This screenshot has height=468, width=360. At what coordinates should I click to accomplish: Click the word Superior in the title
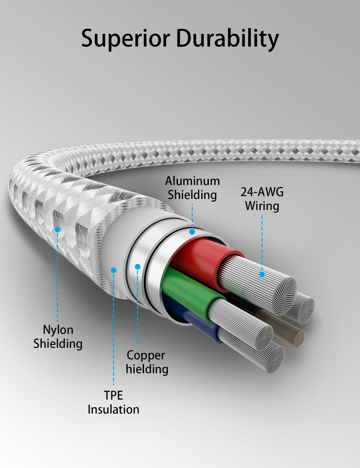click(126, 38)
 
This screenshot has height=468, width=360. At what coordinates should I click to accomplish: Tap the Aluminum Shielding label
click(192, 188)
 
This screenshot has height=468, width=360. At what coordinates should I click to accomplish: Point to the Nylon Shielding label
click(58, 337)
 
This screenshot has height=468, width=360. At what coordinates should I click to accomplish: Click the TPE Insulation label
click(113, 402)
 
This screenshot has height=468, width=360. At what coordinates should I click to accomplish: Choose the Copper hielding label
click(147, 362)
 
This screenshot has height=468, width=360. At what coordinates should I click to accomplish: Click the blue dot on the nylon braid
click(57, 229)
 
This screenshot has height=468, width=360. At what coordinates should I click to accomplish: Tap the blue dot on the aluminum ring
click(192, 232)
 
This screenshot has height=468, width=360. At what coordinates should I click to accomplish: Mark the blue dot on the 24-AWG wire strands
click(262, 274)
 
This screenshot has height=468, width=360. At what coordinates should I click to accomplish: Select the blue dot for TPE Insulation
click(113, 270)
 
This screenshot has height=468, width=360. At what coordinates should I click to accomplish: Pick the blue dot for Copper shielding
click(138, 267)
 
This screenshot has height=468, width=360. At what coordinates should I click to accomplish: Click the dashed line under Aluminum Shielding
click(192, 216)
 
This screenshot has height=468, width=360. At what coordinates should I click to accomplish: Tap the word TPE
click(113, 395)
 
